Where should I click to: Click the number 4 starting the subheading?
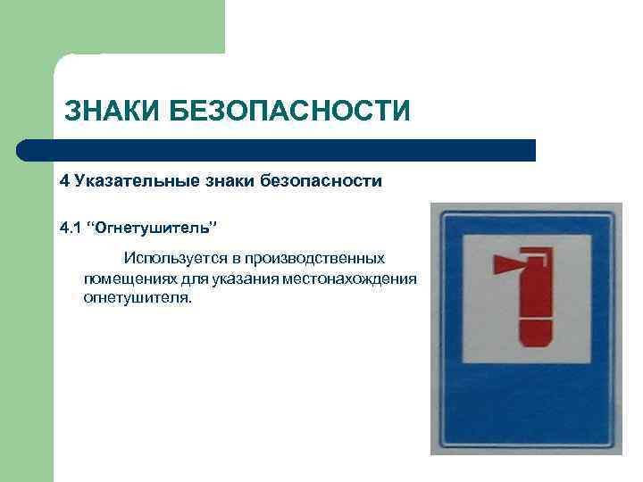pyautogui.click(x=64, y=181)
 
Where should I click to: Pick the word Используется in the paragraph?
pyautogui.click(x=169, y=259)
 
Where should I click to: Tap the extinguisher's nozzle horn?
pyautogui.click(x=502, y=263)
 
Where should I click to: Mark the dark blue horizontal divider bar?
pyautogui.click(x=277, y=149)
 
